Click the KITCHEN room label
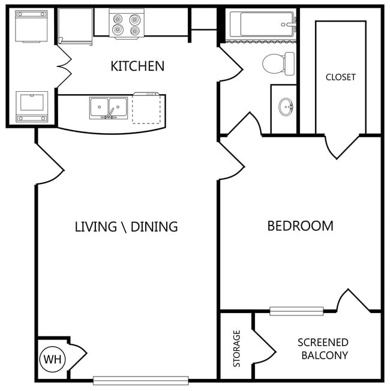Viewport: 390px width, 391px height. click(x=137, y=66)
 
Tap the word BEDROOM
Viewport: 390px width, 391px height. click(x=301, y=226)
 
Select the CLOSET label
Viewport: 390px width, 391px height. click(x=341, y=77)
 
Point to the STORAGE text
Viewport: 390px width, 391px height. click(x=236, y=348)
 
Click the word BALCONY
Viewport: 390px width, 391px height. click(x=325, y=356)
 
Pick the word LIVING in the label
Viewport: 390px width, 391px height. click(x=96, y=227)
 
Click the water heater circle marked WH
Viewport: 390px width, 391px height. click(x=52, y=359)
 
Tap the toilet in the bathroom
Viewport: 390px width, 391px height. click(x=278, y=64)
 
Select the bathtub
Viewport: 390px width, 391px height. click(x=262, y=25)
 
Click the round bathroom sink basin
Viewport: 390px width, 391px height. click(x=286, y=107)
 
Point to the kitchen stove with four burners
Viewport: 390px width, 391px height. click(x=127, y=24)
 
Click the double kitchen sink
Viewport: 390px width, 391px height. click(x=109, y=108)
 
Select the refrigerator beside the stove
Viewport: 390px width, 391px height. click(x=76, y=26)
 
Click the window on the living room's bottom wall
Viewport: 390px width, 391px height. click(x=141, y=381)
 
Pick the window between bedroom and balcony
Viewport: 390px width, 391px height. click(x=296, y=311)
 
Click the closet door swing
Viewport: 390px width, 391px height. click(x=342, y=146)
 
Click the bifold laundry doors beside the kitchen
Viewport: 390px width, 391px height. click(x=64, y=67)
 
